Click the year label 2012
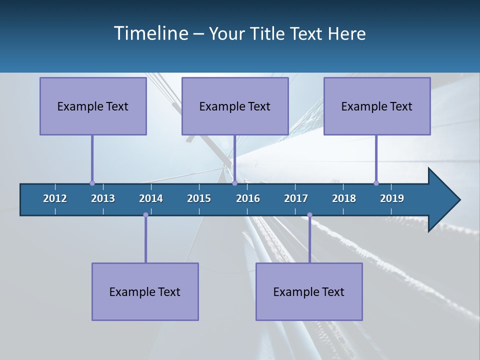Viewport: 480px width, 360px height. coord(55,198)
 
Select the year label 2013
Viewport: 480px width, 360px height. coord(103,198)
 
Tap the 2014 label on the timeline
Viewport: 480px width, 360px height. coord(151,198)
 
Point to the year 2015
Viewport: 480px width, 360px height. coord(199,198)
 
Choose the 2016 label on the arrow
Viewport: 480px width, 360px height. coord(248,198)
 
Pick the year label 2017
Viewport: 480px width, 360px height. coord(296,198)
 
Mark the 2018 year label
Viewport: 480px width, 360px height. coord(344,198)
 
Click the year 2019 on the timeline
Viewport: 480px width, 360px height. coord(392,198)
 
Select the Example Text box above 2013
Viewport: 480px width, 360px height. coord(93,106)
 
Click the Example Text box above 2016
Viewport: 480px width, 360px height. coord(235,106)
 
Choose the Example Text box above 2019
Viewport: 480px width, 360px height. coord(377,106)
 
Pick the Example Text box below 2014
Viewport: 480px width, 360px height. coord(145,292)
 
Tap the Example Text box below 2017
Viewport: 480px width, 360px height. coord(309,292)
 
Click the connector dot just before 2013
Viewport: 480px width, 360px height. coord(92,183)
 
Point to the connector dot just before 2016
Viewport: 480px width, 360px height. coord(234,183)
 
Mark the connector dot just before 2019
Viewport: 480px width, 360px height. coord(376,183)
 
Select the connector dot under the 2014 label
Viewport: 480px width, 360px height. coord(145,215)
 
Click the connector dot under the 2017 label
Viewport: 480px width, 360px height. coord(309,215)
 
